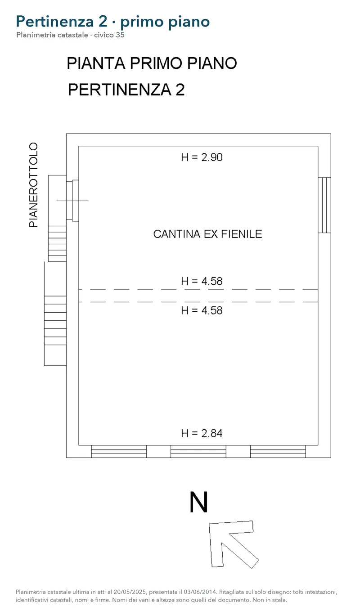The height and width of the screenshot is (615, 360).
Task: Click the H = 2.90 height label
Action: pos(202,157)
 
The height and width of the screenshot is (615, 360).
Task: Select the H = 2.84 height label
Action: pos(202,433)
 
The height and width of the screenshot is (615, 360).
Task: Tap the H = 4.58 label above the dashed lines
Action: pos(202,281)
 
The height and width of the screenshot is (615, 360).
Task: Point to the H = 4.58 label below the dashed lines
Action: pos(202,310)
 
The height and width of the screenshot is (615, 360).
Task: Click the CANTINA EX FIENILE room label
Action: pos(207,234)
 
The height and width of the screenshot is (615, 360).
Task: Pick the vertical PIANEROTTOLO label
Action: pos(33,185)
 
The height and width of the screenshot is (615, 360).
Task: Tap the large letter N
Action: pos(199,502)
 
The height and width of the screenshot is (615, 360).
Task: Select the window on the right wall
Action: pos(324,205)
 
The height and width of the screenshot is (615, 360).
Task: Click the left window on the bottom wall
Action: pos(119,451)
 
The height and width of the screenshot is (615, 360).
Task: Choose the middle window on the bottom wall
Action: pos(198,451)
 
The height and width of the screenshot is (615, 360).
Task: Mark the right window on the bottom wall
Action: pos(278,451)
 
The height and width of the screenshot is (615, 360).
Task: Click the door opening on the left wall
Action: pos(72,200)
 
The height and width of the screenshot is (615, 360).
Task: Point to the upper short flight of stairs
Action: pos(57,244)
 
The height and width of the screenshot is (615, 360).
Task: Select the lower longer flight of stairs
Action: pos(55,320)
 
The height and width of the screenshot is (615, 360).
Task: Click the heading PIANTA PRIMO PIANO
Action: pos(152,63)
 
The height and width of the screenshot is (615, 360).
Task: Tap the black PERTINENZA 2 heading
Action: pos(126,90)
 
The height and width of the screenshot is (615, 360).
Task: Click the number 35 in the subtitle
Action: pos(120,35)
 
